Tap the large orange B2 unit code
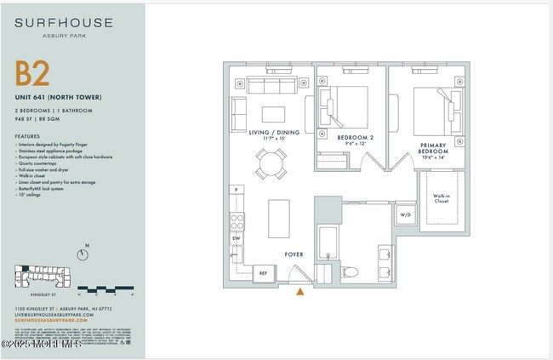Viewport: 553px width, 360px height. click(33, 75)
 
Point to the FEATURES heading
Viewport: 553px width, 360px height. click(27, 136)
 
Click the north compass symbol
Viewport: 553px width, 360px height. click(83, 252)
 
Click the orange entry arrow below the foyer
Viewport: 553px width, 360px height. click(299, 291)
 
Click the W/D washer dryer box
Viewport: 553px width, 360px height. click(404, 215)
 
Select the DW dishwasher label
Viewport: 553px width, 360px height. click(236, 238)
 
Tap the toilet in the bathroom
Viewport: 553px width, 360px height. click(350, 271)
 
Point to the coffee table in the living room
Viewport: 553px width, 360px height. click(274, 114)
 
